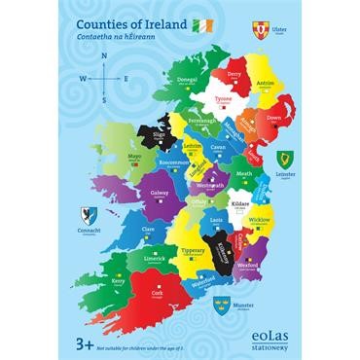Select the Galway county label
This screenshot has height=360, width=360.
[160, 194]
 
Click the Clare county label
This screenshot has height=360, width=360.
[149, 230]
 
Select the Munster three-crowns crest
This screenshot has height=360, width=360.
[221, 306]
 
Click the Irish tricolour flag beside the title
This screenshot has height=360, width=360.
[201, 25]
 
